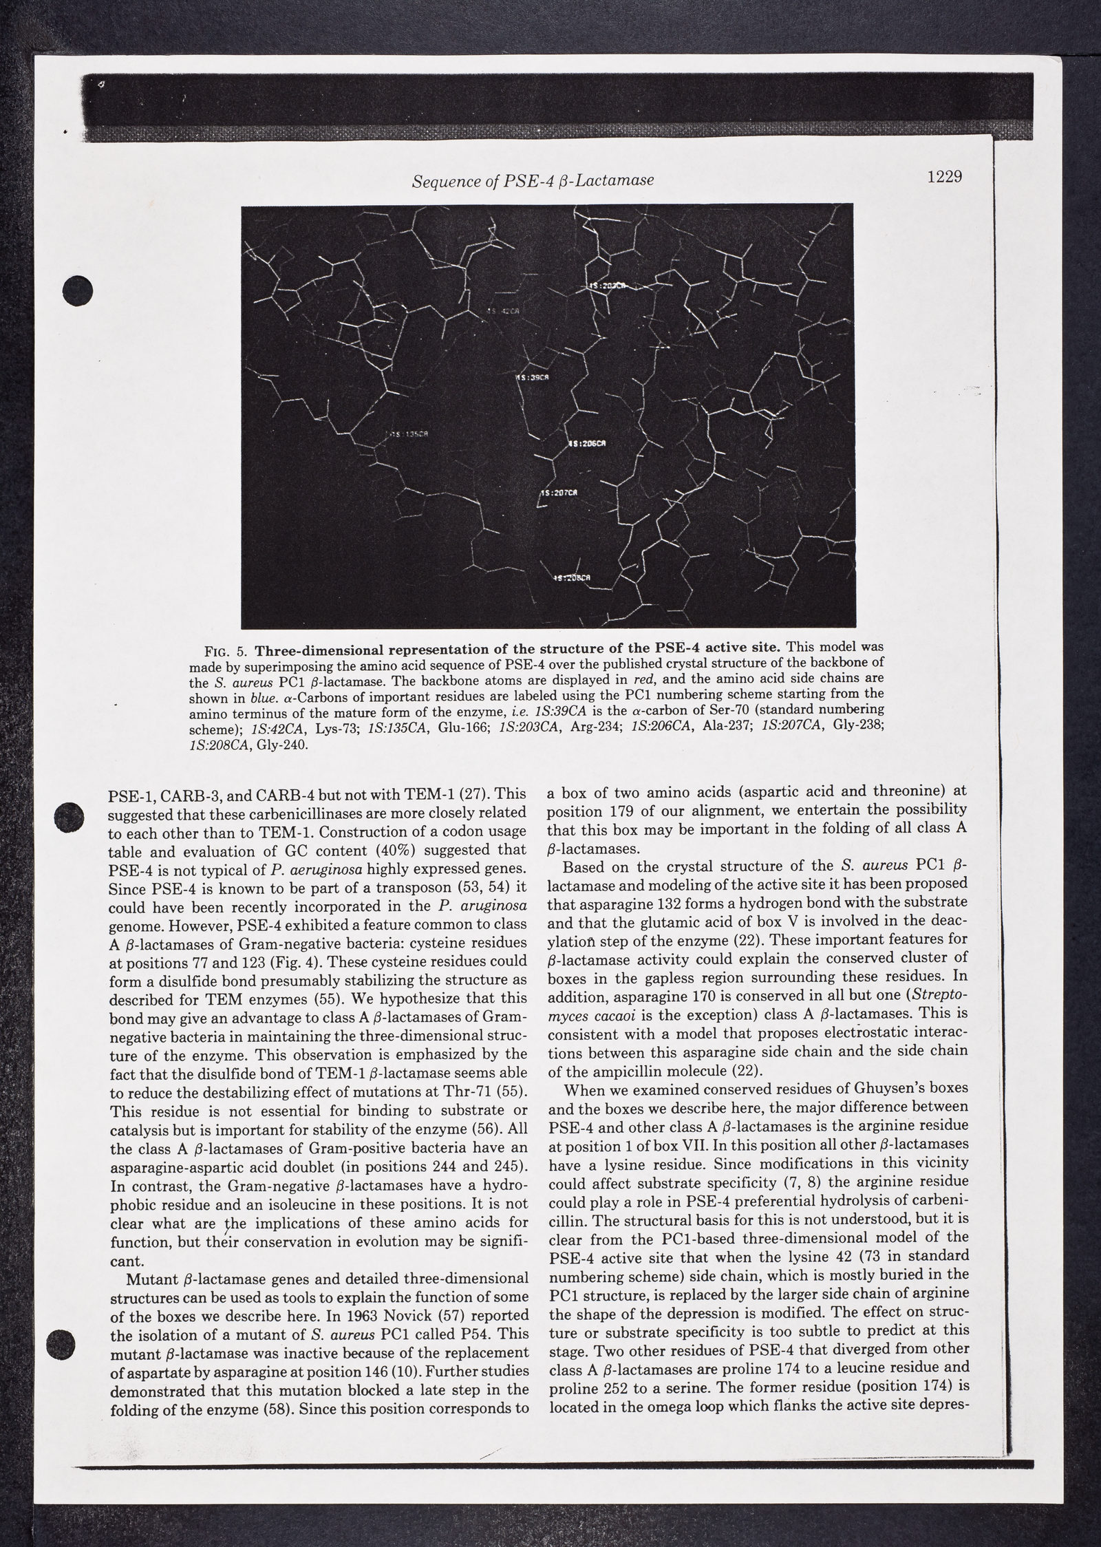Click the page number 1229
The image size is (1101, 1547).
[x=943, y=177]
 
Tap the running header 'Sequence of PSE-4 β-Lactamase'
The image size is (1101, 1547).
[x=533, y=181]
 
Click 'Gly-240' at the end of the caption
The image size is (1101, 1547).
[x=277, y=746]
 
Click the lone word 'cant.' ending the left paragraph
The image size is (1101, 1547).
[x=126, y=1261]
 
